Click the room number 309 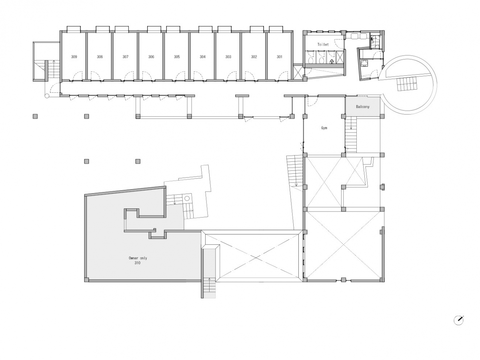pos(74,57)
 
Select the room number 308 pos(100,57)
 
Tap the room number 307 pos(125,57)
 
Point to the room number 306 pos(151,57)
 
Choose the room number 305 pos(177,57)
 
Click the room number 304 pos(202,57)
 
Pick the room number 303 pos(228,57)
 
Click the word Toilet pos(323,44)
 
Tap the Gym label pos(324,128)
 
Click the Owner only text pos(138,258)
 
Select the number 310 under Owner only pos(137,263)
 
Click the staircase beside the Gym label pos(351,134)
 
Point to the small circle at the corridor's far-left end pos(46,96)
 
